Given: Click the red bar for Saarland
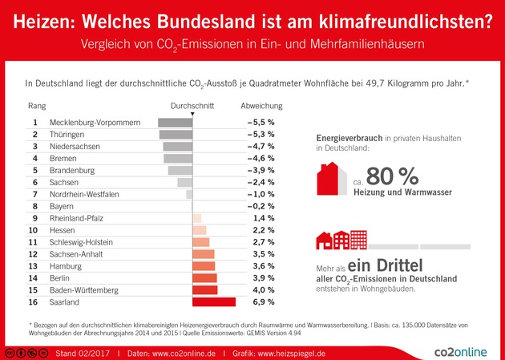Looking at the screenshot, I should click(x=214, y=302).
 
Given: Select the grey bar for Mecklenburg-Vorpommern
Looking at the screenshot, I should click(x=176, y=122).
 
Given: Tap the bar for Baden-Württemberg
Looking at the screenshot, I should click(x=205, y=290).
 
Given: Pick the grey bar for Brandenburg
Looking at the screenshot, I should click(x=180, y=170).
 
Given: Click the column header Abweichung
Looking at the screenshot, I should click(x=261, y=105).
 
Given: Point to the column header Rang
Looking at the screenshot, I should click(x=36, y=105).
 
